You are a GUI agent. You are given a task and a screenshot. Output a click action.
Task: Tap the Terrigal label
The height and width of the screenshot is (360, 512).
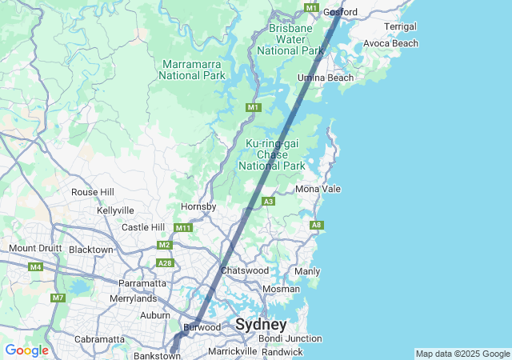(x=400, y=26)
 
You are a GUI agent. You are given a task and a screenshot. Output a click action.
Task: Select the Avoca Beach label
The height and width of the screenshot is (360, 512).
(x=390, y=43)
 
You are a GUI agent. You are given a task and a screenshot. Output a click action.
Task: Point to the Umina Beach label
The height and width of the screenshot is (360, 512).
(x=326, y=78)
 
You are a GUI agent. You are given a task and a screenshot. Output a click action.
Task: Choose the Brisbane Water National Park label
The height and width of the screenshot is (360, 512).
(x=295, y=39)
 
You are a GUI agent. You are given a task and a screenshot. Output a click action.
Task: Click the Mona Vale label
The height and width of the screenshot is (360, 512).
(x=318, y=189)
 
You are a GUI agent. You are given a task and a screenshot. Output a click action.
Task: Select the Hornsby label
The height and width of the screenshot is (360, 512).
(x=198, y=206)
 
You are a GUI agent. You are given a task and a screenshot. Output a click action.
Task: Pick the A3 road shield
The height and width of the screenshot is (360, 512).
(x=269, y=202)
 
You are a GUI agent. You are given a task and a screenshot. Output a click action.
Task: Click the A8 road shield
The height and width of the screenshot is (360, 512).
(x=317, y=226)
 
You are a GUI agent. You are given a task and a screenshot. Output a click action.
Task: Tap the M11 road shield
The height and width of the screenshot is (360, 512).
(x=183, y=228)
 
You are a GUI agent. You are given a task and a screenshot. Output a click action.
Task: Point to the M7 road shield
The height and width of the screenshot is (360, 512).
(x=58, y=298)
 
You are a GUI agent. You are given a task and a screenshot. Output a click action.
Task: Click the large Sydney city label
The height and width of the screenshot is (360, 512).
(x=261, y=325)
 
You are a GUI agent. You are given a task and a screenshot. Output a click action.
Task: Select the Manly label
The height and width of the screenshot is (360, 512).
(x=307, y=272)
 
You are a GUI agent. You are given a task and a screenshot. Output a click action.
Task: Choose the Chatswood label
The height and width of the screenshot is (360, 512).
(x=245, y=270)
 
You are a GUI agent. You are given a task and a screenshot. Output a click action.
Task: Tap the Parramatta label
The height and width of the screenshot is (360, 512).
(x=142, y=283)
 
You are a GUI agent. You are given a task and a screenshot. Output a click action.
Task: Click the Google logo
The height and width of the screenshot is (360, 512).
(x=26, y=350)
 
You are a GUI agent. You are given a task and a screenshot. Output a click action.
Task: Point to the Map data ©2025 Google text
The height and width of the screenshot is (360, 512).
(x=462, y=354)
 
